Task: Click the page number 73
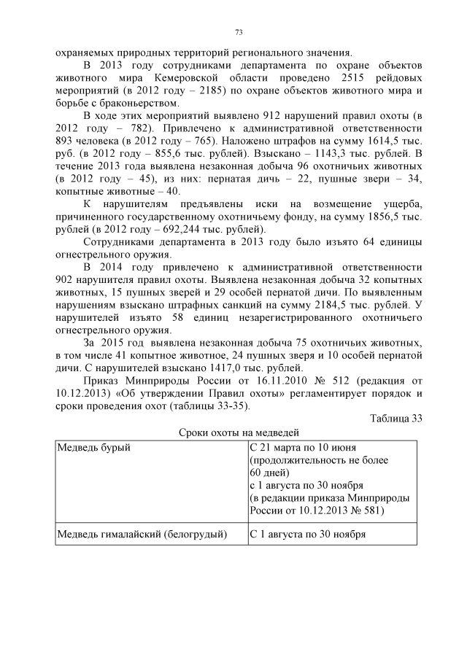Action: click(239, 32)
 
